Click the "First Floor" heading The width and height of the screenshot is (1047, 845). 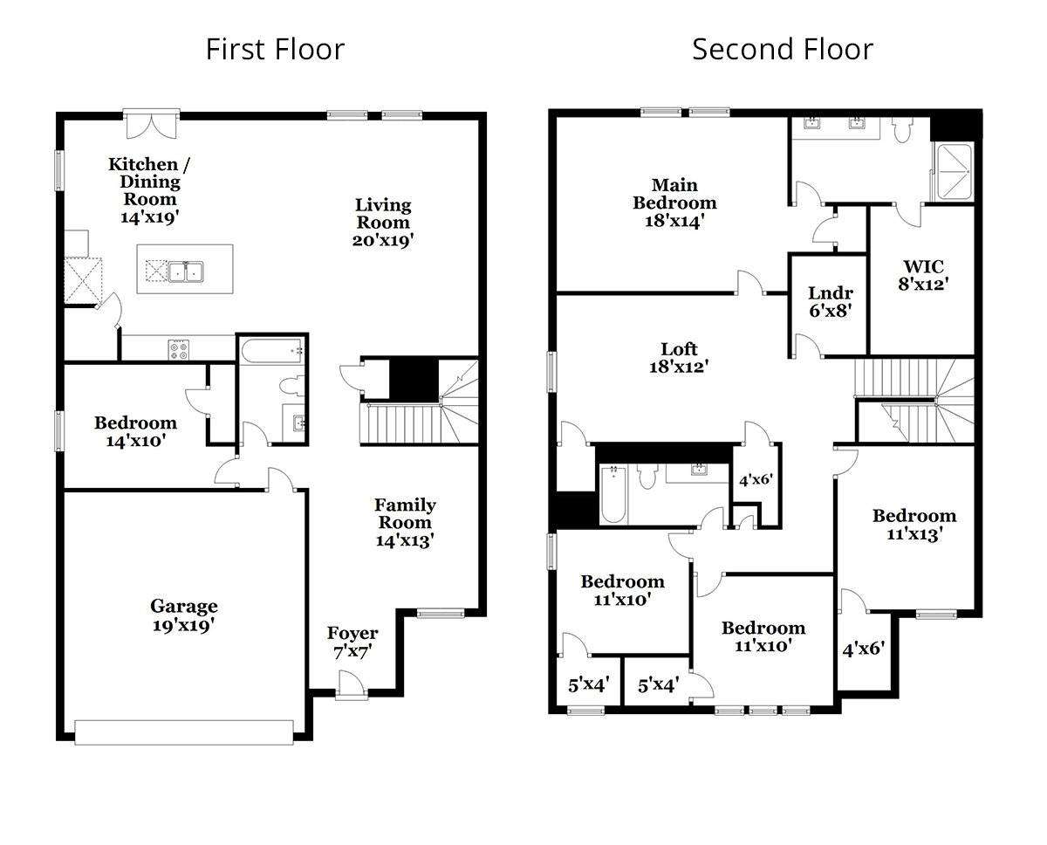(x=275, y=49)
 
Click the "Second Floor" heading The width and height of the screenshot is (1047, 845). (x=782, y=49)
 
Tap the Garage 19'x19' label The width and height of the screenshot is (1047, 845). (x=183, y=615)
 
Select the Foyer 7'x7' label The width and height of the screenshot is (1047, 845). (x=352, y=642)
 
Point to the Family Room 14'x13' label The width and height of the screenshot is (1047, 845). (x=405, y=522)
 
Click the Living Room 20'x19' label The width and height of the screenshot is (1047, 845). (x=383, y=223)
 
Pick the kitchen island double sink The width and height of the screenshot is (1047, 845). (x=186, y=271)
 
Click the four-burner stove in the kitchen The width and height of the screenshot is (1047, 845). (x=179, y=350)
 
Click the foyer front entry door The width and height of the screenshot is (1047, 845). (x=352, y=684)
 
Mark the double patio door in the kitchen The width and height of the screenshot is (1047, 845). (x=152, y=123)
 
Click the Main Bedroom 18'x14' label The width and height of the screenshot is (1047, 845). (x=674, y=203)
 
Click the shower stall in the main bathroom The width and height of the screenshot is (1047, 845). (x=952, y=172)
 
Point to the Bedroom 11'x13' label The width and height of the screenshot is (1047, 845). (x=914, y=525)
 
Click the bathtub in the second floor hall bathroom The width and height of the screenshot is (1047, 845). (x=613, y=495)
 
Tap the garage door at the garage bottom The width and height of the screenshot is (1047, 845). (x=183, y=732)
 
